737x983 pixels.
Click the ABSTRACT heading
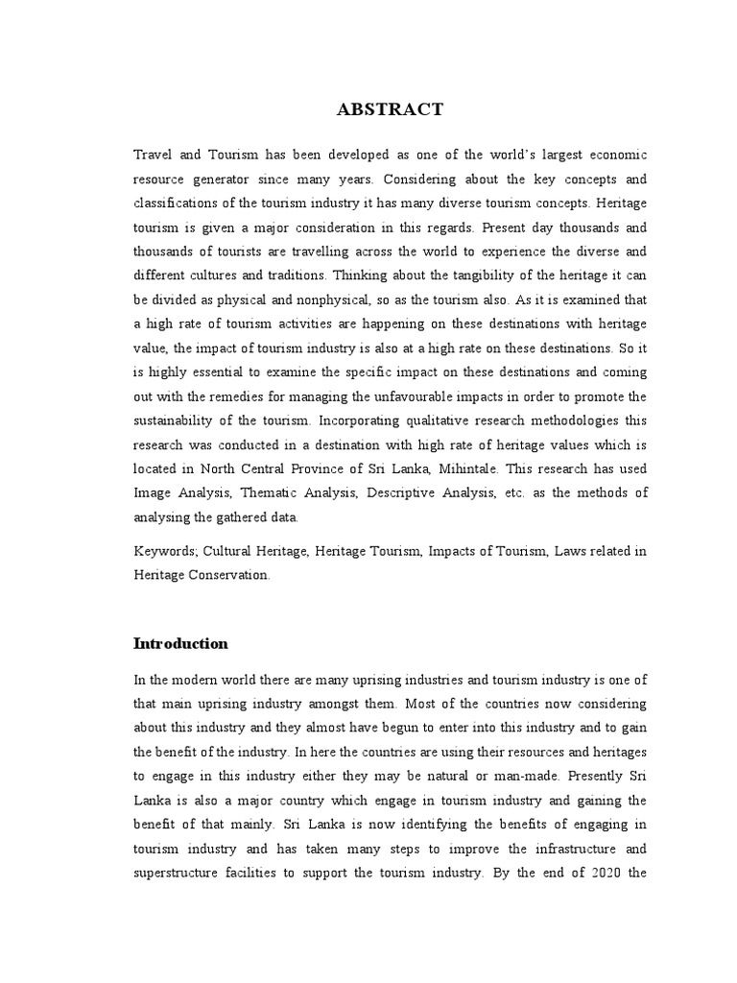click(x=390, y=109)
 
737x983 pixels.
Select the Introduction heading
click(x=181, y=643)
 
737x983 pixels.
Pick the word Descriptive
click(x=408, y=492)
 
